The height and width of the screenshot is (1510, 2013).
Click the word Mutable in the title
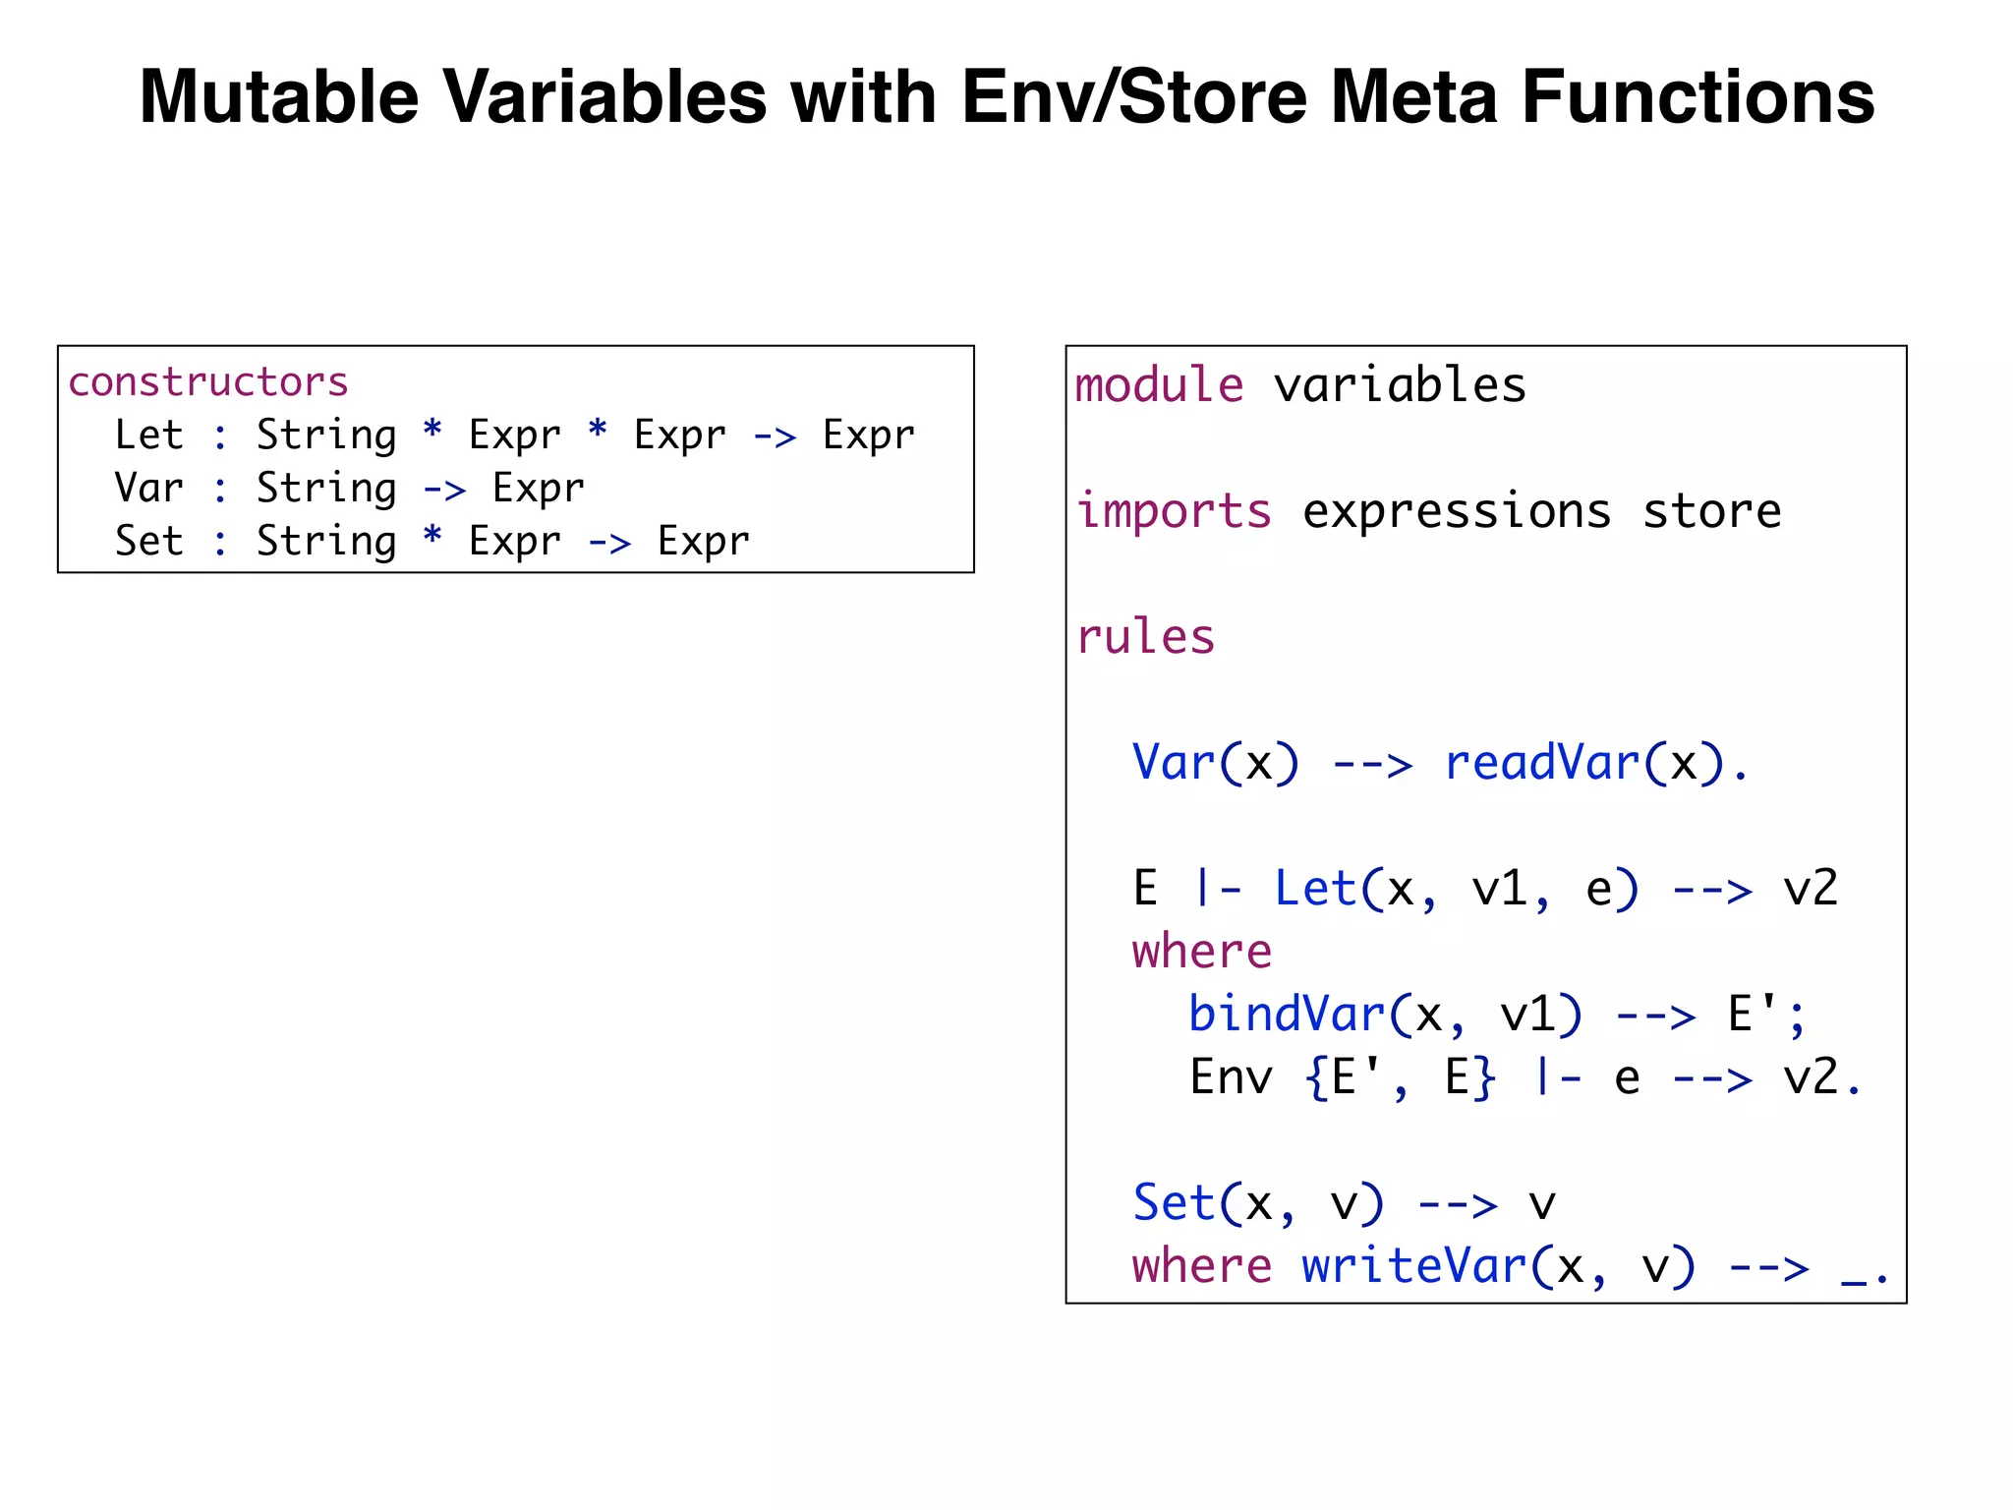(278, 97)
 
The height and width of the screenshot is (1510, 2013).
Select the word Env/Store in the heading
(1135, 97)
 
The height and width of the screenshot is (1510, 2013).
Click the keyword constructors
(207, 382)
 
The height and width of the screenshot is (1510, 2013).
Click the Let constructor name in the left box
(148, 436)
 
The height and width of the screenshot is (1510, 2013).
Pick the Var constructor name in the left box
(148, 489)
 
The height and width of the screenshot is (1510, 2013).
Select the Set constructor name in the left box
(148, 542)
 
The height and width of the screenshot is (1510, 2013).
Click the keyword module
(1158, 384)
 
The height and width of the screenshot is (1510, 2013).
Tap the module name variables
(1400, 384)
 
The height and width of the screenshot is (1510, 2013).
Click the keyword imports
(1174, 511)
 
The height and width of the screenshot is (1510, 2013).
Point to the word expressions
(1457, 511)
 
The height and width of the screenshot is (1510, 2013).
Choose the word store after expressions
(1711, 511)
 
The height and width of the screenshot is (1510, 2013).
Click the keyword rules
(1146, 637)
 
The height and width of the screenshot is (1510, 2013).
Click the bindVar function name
(1286, 1015)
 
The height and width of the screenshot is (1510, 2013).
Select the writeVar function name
(1414, 1266)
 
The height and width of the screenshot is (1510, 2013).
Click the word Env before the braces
(1231, 1077)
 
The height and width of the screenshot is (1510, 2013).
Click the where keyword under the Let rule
(1201, 952)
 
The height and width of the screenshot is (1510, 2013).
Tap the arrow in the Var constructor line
(443, 489)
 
